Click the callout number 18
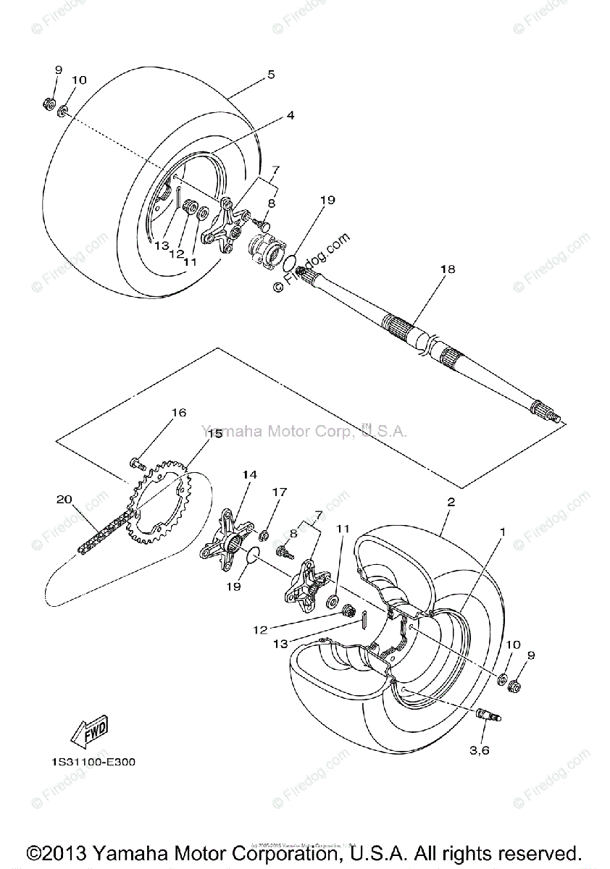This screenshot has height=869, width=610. click(x=448, y=269)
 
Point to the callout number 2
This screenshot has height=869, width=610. click(x=451, y=502)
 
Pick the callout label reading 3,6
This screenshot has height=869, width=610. click(x=480, y=750)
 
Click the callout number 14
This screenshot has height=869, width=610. click(x=249, y=474)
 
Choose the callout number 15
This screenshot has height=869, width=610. click(x=214, y=434)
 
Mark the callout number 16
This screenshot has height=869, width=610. click(x=178, y=413)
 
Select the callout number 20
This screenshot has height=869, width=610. click(x=64, y=499)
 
